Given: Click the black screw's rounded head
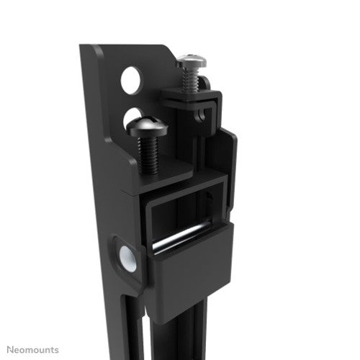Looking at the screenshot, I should click(x=147, y=129).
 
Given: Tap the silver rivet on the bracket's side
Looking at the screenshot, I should click(x=127, y=257).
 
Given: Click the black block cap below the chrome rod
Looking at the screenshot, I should click(x=191, y=270).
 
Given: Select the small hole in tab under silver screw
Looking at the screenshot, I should click(x=203, y=112).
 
